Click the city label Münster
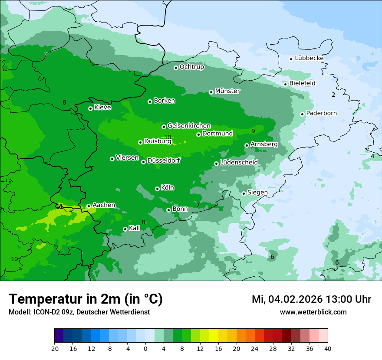[227, 91]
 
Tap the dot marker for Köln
[157, 189]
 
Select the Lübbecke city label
[309, 58]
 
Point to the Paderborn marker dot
[303, 114]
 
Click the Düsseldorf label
[164, 160]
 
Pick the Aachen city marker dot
[89, 206]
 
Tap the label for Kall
[135, 228]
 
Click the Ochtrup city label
[192, 67]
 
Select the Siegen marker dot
[244, 193]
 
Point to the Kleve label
[102, 108]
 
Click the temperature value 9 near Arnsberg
[253, 131]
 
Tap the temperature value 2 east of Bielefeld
[333, 95]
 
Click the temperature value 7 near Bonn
[198, 205]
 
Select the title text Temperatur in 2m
[86, 299]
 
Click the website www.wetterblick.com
[313, 312]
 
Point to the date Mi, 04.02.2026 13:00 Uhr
[311, 299]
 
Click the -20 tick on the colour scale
[54, 348]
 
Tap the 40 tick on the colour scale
[328, 348]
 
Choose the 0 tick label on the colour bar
[145, 348]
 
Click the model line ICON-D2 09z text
[79, 312]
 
